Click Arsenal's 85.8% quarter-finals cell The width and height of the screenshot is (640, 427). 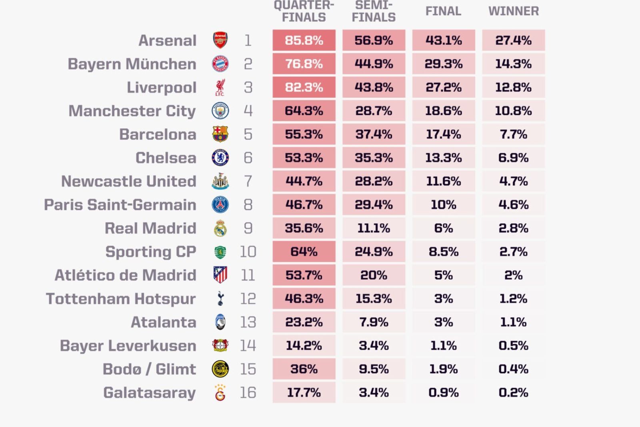click(x=304, y=40)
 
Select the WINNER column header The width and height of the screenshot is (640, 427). click(x=514, y=11)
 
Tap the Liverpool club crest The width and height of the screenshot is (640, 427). click(x=220, y=88)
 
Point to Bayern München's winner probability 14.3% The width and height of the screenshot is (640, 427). click(x=514, y=64)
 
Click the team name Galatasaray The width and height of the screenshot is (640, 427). click(x=150, y=393)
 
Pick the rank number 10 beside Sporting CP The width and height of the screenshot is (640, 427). click(x=248, y=252)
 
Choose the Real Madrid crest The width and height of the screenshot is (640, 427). click(x=220, y=228)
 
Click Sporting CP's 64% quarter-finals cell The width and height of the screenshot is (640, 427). click(x=304, y=251)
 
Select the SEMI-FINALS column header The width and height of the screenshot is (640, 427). click(x=374, y=12)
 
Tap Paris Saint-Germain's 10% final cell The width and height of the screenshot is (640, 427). click(x=444, y=204)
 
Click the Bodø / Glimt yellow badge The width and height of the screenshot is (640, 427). click(x=220, y=369)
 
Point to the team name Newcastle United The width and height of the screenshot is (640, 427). click(x=129, y=181)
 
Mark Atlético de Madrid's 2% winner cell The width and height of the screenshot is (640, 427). click(x=514, y=275)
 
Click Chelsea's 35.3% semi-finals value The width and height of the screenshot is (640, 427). click(x=374, y=158)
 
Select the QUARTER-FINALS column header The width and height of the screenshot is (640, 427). click(x=304, y=12)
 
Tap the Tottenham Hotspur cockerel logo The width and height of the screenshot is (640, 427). click(x=220, y=299)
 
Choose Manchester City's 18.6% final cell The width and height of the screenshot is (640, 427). click(x=444, y=111)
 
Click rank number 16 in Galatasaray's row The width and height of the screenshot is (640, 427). click(x=248, y=393)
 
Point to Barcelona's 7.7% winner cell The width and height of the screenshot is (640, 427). click(x=514, y=134)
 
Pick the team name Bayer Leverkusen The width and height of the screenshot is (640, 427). click(x=128, y=345)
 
